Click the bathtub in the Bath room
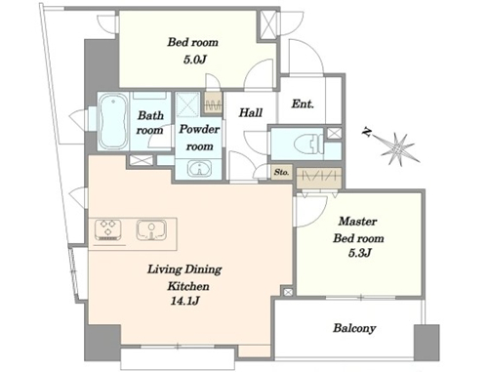(x=113, y=121)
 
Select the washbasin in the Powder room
(x=199, y=169)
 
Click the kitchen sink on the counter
(x=151, y=230)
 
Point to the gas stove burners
(x=108, y=228)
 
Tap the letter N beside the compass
(x=368, y=132)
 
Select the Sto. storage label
(x=281, y=172)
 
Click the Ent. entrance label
(x=303, y=103)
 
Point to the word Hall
(x=251, y=112)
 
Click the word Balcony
(x=354, y=328)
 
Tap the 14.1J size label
(x=184, y=302)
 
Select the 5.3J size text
(x=359, y=253)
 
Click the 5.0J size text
(x=195, y=60)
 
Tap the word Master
(x=357, y=222)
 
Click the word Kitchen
(x=188, y=286)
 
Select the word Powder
(x=199, y=129)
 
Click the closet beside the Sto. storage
(x=319, y=178)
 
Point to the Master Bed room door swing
(x=310, y=211)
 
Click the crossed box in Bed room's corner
(x=268, y=25)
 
